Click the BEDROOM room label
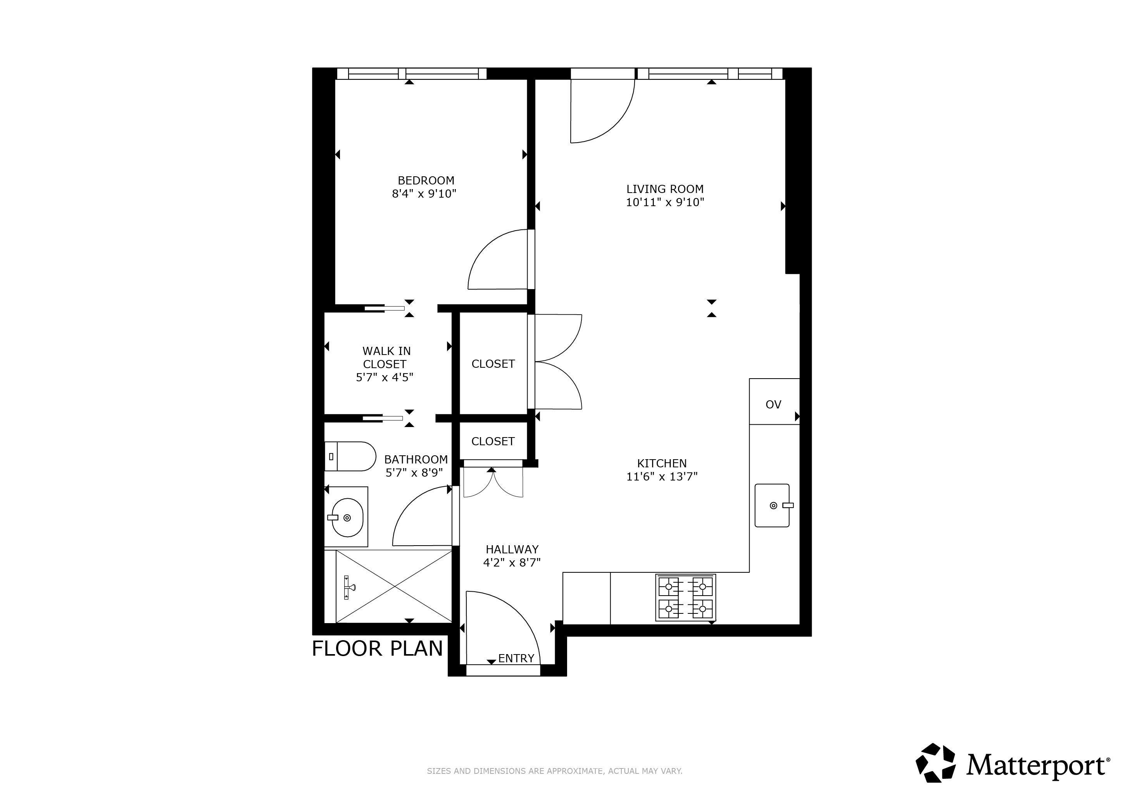pyautogui.click(x=426, y=181)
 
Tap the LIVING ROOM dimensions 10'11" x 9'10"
pyautogui.click(x=665, y=202)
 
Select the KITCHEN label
pyautogui.click(x=661, y=463)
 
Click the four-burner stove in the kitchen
pyautogui.click(x=685, y=598)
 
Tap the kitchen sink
pyautogui.click(x=772, y=506)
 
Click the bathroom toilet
pyautogui.click(x=350, y=456)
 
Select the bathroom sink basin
pyautogui.click(x=347, y=517)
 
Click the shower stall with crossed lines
pyautogui.click(x=394, y=586)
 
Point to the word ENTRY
pyautogui.click(x=516, y=659)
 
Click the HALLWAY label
pyautogui.click(x=512, y=549)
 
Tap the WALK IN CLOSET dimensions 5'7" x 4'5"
pyautogui.click(x=385, y=377)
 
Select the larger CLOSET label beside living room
pyautogui.click(x=493, y=364)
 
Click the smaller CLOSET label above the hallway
pyautogui.click(x=493, y=441)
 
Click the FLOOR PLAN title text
pyautogui.click(x=377, y=649)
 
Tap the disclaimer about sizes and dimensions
pyautogui.click(x=554, y=771)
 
